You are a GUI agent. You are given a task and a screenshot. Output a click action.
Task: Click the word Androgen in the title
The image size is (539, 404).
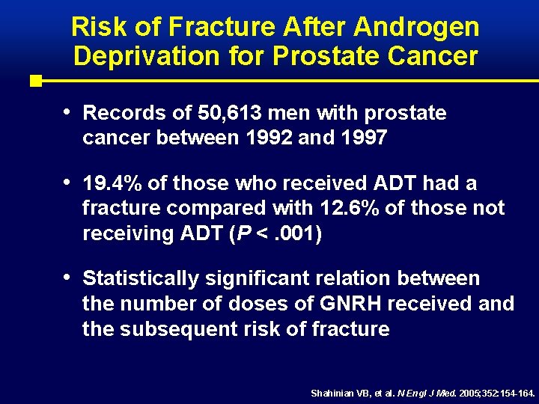(418, 28)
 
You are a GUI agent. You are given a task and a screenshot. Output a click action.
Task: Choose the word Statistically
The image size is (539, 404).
(141, 279)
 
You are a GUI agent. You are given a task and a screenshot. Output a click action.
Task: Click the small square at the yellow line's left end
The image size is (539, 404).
(34, 80)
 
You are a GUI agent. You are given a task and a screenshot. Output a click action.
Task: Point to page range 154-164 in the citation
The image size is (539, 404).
(517, 393)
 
